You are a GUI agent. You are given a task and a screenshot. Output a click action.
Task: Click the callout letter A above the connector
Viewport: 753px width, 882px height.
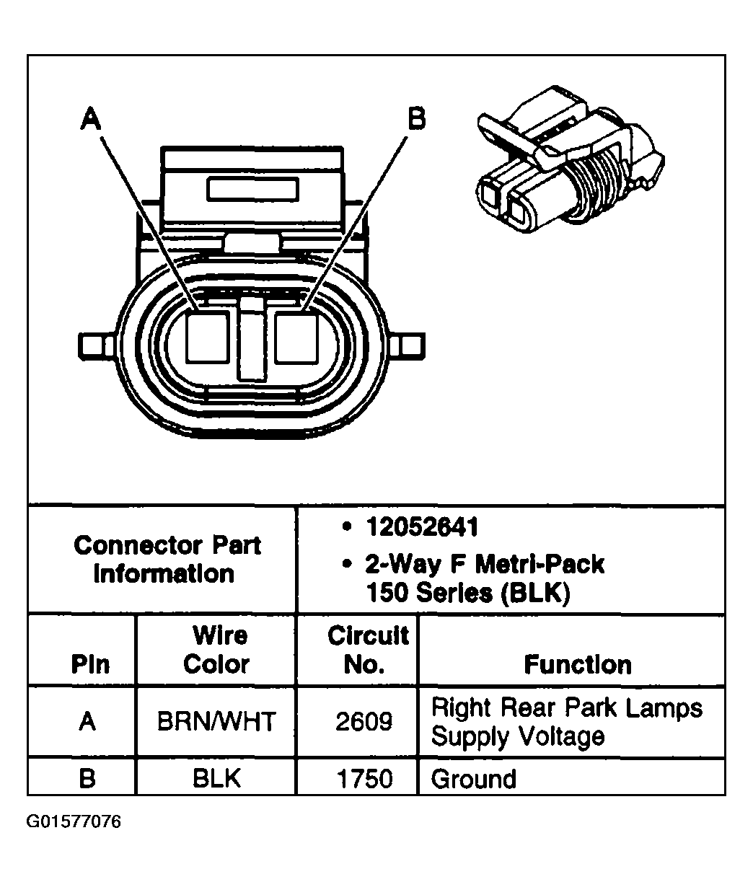91,118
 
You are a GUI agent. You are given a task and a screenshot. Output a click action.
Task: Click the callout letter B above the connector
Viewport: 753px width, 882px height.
416,118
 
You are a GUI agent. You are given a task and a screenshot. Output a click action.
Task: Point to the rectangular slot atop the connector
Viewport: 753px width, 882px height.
252,190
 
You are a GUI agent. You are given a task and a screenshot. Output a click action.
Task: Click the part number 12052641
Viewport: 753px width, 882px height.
421,528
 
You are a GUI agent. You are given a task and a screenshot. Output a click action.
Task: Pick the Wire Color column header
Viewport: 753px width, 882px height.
216,650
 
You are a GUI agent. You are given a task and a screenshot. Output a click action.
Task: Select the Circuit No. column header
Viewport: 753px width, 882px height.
368,650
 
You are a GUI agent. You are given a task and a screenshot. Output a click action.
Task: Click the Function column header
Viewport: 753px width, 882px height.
577,664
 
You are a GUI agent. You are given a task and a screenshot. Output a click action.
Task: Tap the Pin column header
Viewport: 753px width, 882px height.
90,664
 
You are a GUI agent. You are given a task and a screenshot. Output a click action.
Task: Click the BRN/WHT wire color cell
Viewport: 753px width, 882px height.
216,721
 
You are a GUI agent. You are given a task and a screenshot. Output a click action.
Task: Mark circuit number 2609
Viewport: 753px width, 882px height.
364,721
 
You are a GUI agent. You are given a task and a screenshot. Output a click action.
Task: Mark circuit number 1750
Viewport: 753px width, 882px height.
364,779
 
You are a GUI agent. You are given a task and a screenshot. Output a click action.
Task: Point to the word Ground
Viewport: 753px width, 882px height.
473,779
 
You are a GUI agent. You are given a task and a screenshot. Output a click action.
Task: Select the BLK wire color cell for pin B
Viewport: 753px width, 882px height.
216,779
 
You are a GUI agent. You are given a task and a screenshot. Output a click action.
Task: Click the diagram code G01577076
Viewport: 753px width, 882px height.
74,822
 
